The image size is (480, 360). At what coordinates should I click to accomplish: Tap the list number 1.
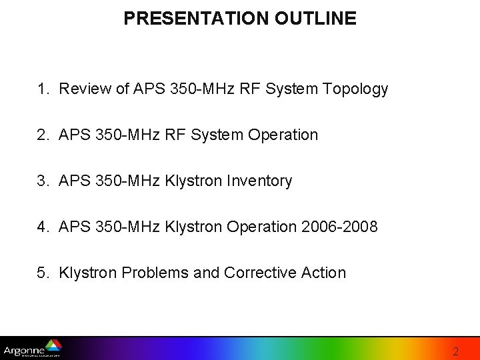coord(43,89)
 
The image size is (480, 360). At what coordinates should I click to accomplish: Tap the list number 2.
coord(43,135)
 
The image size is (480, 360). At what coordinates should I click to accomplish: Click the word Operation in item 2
coord(283,135)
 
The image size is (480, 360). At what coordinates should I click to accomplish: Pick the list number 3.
coord(43,181)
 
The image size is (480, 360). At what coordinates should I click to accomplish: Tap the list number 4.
coord(43,227)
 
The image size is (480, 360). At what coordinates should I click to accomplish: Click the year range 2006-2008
coord(339,227)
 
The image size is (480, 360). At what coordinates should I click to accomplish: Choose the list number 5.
coord(43,273)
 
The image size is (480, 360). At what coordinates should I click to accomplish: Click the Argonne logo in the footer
coord(32,349)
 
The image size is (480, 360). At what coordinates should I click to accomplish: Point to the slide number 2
coord(455,351)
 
